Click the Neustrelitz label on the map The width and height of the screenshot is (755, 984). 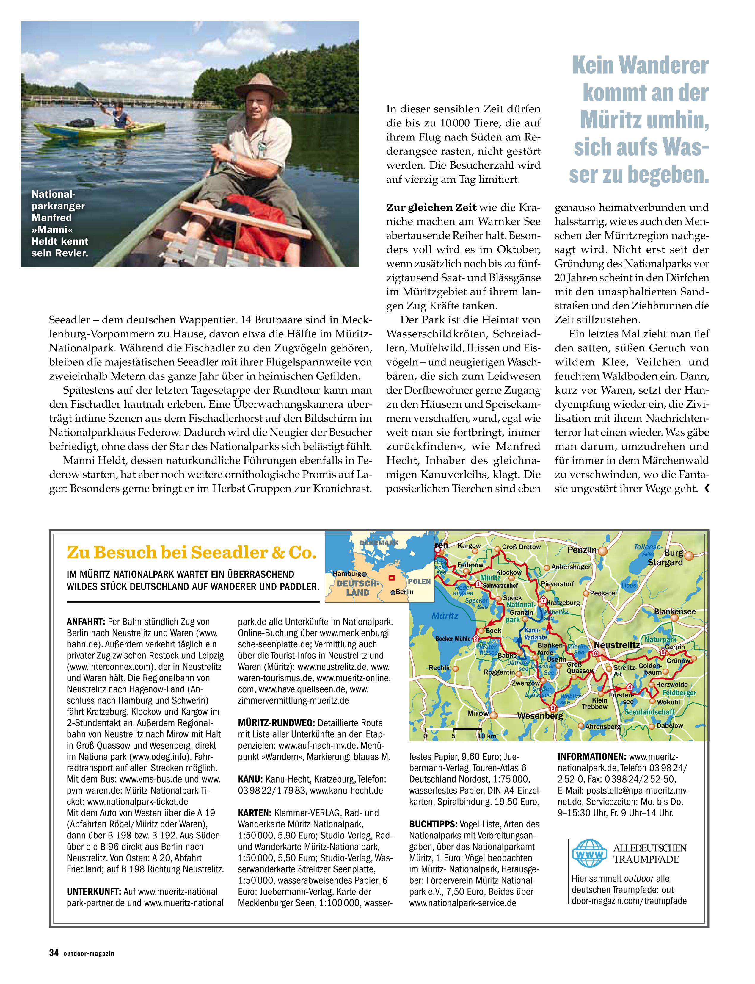pyautogui.click(x=617, y=645)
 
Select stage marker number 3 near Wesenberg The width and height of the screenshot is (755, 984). pyautogui.click(x=553, y=707)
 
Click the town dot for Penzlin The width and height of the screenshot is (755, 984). pyautogui.click(x=602, y=550)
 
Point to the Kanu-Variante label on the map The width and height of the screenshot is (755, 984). pyautogui.click(x=535, y=634)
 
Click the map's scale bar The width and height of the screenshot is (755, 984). pyautogui.click(x=454, y=729)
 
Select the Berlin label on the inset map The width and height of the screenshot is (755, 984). pyautogui.click(x=404, y=592)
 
